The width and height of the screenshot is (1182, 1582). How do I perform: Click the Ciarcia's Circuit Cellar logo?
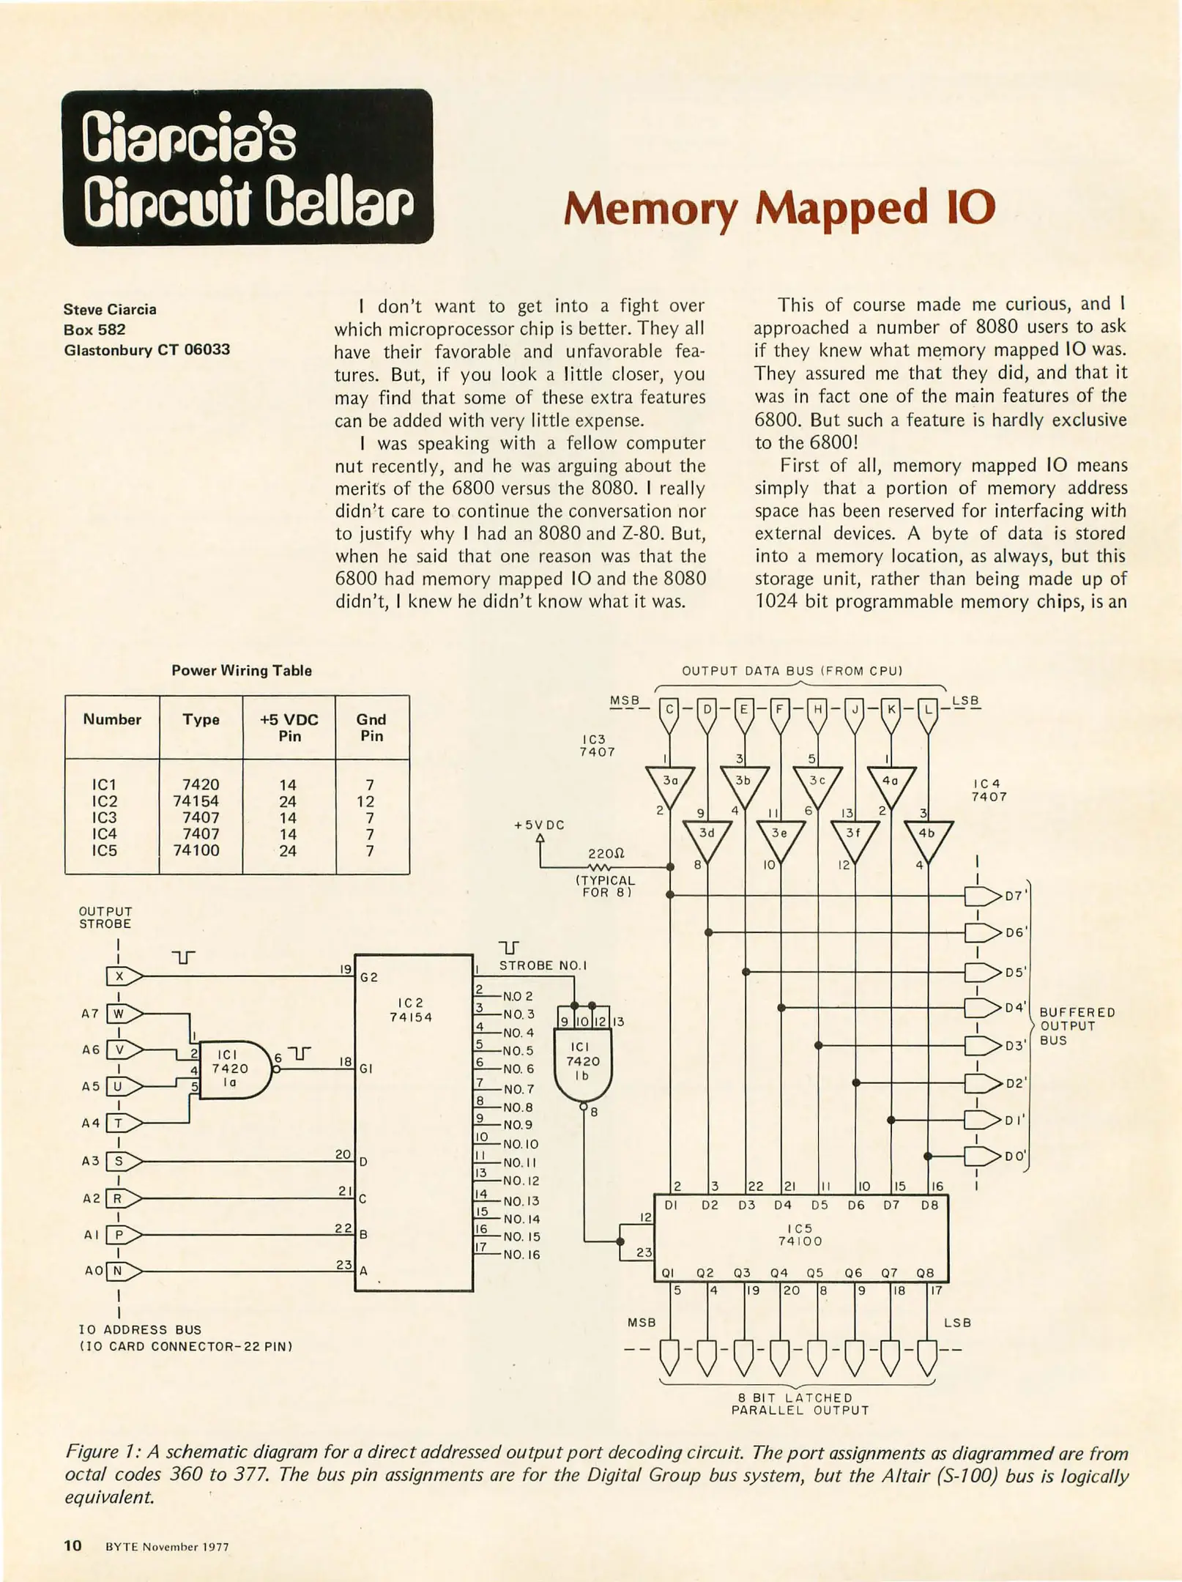[x=248, y=167]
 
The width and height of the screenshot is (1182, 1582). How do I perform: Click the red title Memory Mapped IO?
[x=780, y=208]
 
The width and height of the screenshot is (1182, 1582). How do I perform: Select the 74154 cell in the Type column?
[x=196, y=801]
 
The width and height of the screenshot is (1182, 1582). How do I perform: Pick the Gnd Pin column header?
[x=371, y=727]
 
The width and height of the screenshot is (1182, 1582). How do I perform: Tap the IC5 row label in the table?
[x=104, y=850]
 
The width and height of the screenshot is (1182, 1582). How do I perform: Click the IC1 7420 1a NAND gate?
[x=233, y=1069]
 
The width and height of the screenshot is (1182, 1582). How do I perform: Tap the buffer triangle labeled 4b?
[x=927, y=836]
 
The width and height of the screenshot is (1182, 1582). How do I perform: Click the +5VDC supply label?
[x=539, y=825]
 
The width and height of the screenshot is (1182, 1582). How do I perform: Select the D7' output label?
[x=1016, y=896]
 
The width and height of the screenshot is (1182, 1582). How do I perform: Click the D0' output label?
[x=1016, y=1156]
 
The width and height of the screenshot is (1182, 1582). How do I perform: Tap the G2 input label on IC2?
[x=369, y=978]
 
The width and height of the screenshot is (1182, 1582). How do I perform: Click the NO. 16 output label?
[x=521, y=1255]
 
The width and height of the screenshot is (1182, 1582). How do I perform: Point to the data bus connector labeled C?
[x=669, y=709]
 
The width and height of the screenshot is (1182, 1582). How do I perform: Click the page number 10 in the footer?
[x=73, y=1545]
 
